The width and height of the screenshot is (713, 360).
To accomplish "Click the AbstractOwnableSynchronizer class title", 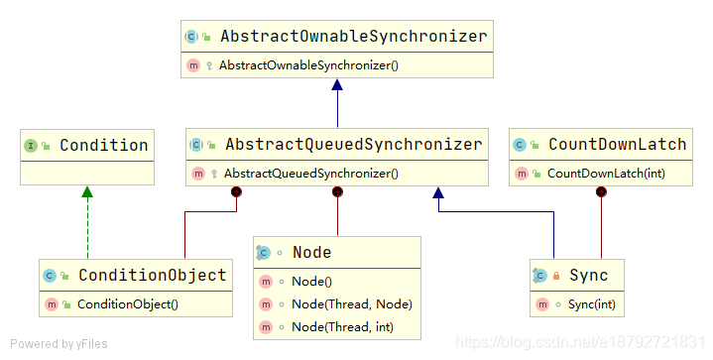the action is (354, 37).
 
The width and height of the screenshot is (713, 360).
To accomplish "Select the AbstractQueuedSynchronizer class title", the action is (354, 145).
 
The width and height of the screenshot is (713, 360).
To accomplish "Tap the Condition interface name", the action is (104, 146).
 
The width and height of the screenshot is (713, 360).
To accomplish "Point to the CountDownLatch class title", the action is (617, 145).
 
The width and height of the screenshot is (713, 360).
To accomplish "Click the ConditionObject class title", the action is (153, 275).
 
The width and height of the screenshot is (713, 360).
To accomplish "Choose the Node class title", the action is (312, 252).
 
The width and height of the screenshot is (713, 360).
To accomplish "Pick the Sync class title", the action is (589, 276).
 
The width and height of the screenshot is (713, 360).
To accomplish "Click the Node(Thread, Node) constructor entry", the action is (352, 304).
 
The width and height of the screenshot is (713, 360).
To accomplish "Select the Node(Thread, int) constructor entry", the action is (342, 327).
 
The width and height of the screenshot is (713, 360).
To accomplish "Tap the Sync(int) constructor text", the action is (592, 304).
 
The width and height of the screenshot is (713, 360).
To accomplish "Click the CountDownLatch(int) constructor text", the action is (606, 174).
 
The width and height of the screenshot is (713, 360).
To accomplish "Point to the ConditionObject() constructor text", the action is (128, 304).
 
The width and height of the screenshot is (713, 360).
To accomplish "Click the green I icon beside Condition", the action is (31, 146).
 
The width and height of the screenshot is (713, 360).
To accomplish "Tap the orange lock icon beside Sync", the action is (556, 276).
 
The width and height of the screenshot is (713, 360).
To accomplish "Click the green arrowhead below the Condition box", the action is (87, 191).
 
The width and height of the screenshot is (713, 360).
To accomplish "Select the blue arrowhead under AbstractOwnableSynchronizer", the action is (337, 84).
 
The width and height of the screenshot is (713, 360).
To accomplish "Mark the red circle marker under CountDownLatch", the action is (601, 191).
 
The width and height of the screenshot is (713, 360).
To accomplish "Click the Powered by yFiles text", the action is (59, 344).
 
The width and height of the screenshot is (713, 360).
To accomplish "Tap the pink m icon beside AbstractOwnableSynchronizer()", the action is (193, 65).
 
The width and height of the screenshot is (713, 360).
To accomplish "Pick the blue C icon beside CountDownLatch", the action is (520, 145).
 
